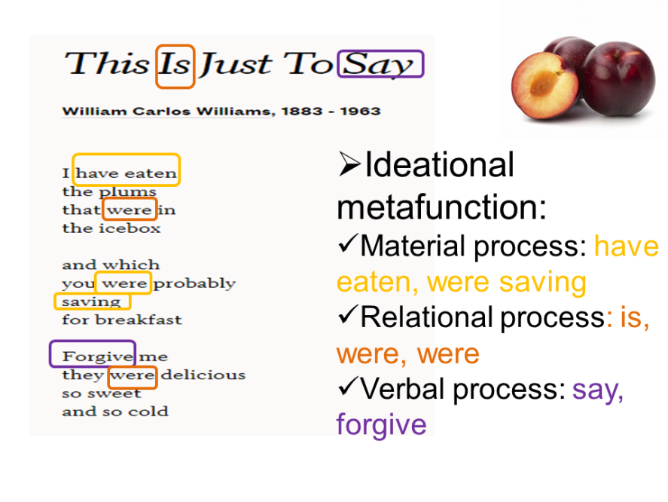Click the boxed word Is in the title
point(175,65)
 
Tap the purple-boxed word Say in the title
point(378,65)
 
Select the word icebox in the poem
point(130,228)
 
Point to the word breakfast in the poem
point(139,320)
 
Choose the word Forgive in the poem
point(98,356)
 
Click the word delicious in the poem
point(203,375)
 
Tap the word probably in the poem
point(194,283)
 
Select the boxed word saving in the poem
point(91,302)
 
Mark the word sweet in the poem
point(114,393)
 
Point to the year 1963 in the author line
point(360,111)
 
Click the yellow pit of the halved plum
point(542,84)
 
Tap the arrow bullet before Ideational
point(349,164)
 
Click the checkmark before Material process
point(347,243)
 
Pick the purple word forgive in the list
point(381,424)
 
